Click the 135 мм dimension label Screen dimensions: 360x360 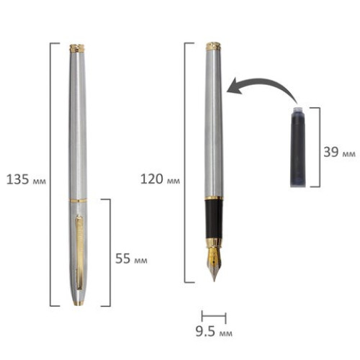click(x=26, y=179)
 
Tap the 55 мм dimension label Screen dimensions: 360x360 click(x=131, y=258)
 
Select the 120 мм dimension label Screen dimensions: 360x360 click(x=160, y=179)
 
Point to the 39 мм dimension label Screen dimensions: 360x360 click(x=339, y=152)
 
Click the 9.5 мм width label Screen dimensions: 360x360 click(x=214, y=332)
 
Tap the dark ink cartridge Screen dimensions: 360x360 click(x=297, y=146)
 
